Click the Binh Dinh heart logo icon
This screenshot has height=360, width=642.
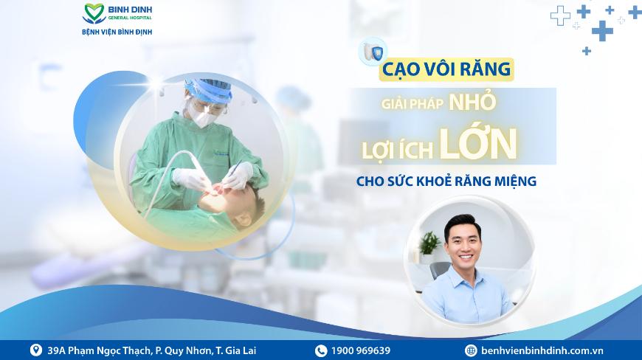pos(94,13)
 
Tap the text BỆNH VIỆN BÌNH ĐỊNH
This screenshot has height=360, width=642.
pos(117,32)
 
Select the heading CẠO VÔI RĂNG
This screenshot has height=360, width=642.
pos(446,69)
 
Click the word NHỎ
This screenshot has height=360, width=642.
pos(472,103)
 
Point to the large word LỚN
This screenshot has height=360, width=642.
pos(479,144)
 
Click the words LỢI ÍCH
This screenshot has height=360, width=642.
pos(397,149)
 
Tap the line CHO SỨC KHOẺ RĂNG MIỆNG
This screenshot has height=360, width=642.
pos(446,181)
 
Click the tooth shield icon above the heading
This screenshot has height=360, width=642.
pos(373,52)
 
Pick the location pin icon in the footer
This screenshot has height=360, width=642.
pos(36,350)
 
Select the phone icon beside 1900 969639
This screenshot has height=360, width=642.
pos(321,350)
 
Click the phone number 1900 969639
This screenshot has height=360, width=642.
pos(361,350)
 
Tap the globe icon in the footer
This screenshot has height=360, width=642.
pos(471,350)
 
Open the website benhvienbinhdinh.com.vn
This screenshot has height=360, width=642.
pos(542,350)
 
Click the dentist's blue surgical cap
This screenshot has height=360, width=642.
pos(208,88)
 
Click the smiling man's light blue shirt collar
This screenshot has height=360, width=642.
pos(464,275)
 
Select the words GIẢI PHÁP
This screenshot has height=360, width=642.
pos(413,104)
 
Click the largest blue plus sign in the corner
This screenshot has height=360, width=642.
pos(602,31)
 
